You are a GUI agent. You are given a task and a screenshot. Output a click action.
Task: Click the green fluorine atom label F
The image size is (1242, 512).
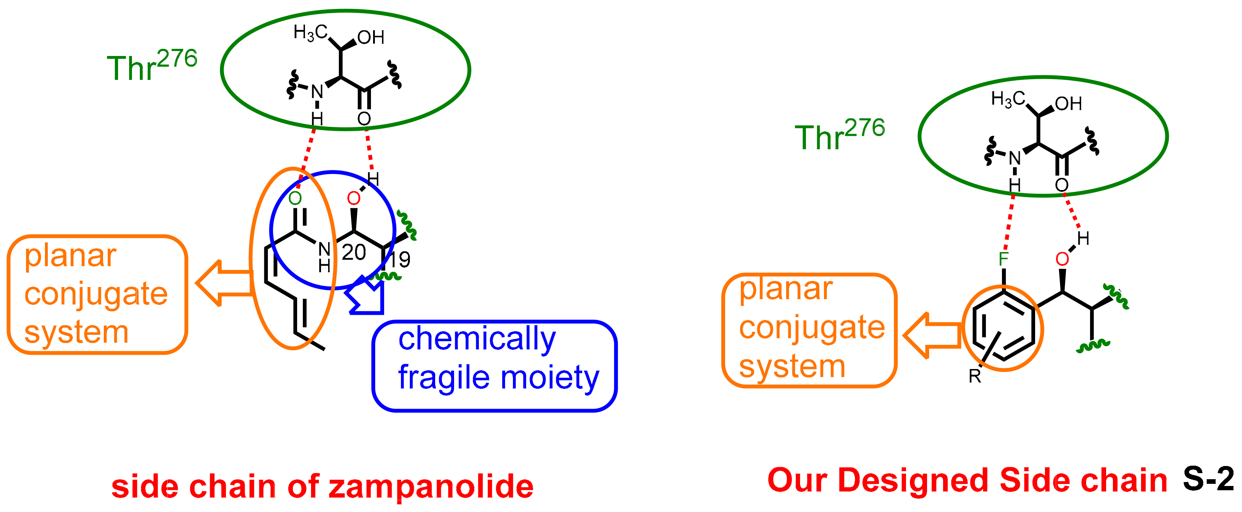coord(1003,259)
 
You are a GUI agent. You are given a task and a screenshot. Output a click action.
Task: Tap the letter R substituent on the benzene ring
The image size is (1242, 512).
coord(974,377)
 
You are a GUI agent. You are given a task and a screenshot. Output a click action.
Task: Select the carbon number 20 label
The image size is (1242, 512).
coord(353,253)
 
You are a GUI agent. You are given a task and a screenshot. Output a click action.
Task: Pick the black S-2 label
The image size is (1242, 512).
coord(1208,480)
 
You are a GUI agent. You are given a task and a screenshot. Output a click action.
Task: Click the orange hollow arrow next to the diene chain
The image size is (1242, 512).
coord(225,283)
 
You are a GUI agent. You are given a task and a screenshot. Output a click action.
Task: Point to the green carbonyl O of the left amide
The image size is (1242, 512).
coord(295,198)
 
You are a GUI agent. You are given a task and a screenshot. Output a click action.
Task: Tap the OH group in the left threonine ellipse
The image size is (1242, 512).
coord(371,37)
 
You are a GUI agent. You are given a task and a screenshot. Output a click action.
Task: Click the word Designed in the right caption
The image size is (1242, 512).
coord(913,481)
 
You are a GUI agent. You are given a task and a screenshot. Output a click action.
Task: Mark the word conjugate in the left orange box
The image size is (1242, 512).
coord(96,294)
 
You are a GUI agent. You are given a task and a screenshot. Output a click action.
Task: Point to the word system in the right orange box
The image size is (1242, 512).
coord(792,367)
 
